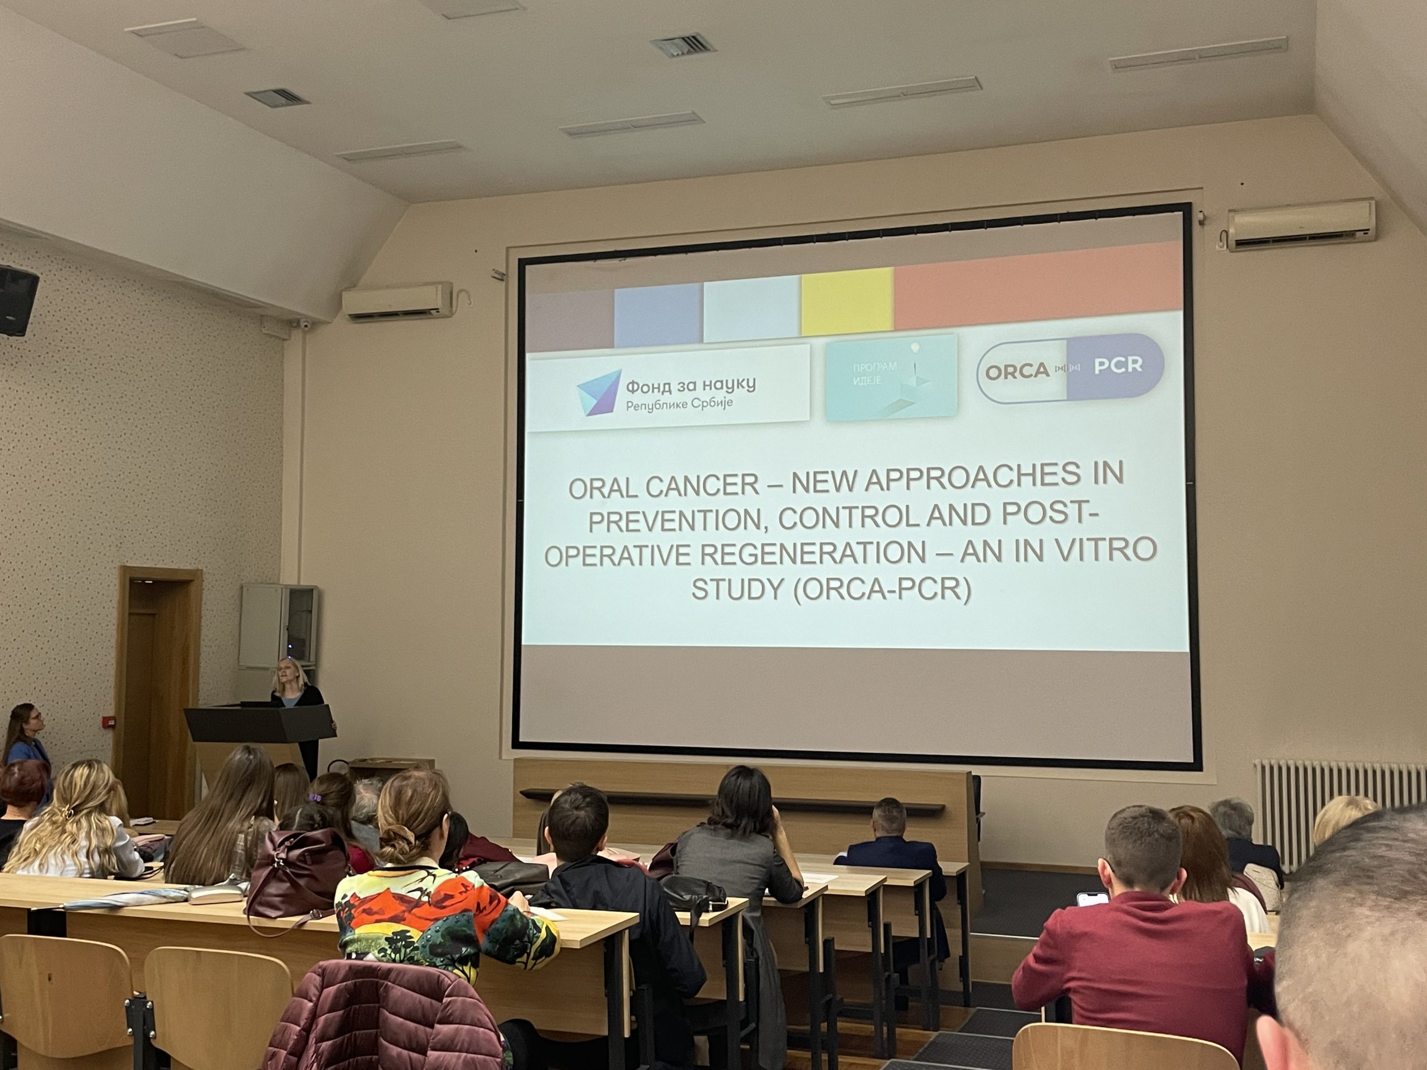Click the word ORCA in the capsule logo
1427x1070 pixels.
(x=1017, y=371)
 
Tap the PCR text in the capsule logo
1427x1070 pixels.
(x=1118, y=365)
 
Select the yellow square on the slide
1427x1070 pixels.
(x=847, y=301)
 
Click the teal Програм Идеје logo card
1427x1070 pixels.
(x=891, y=377)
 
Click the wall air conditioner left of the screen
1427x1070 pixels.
(x=397, y=300)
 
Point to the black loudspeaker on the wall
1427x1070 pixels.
(x=17, y=300)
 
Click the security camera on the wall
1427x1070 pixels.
(x=303, y=324)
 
